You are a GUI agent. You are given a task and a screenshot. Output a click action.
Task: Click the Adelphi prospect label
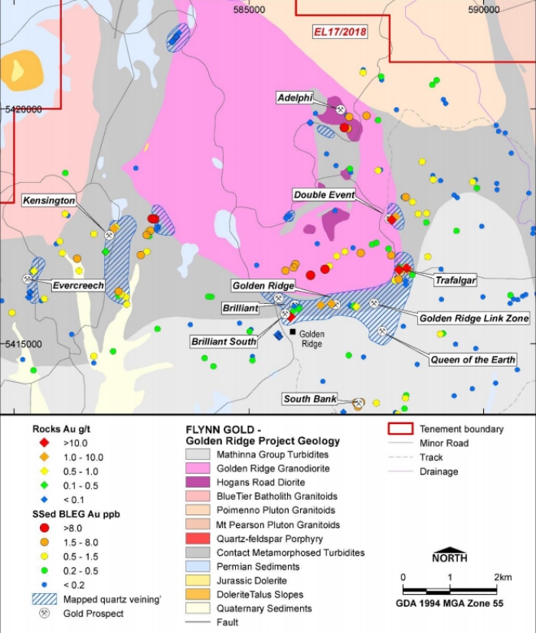[295, 98]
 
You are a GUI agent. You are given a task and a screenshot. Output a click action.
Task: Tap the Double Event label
[325, 195]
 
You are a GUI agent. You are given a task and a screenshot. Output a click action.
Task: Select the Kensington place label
[49, 201]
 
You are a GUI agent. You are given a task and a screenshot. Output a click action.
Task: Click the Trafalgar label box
[455, 280]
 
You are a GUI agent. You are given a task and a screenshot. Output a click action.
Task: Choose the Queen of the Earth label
[472, 360]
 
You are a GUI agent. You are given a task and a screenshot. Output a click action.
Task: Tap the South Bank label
[309, 399]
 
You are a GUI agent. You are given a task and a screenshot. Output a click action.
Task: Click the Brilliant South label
[224, 341]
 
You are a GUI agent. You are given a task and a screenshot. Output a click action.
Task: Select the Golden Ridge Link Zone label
[473, 318]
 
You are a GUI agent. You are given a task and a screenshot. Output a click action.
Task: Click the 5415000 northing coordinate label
[23, 344]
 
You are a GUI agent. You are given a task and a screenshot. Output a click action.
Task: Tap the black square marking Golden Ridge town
[293, 332]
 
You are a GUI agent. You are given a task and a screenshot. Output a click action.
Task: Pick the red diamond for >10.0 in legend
[44, 442]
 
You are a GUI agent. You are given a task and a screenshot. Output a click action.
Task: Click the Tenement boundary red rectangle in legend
[400, 429]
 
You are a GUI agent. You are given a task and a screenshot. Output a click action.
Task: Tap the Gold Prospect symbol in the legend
[44, 613]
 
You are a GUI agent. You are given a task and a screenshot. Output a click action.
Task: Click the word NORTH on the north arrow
[450, 557]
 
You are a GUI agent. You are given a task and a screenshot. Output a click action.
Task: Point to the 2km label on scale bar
[502, 576]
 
